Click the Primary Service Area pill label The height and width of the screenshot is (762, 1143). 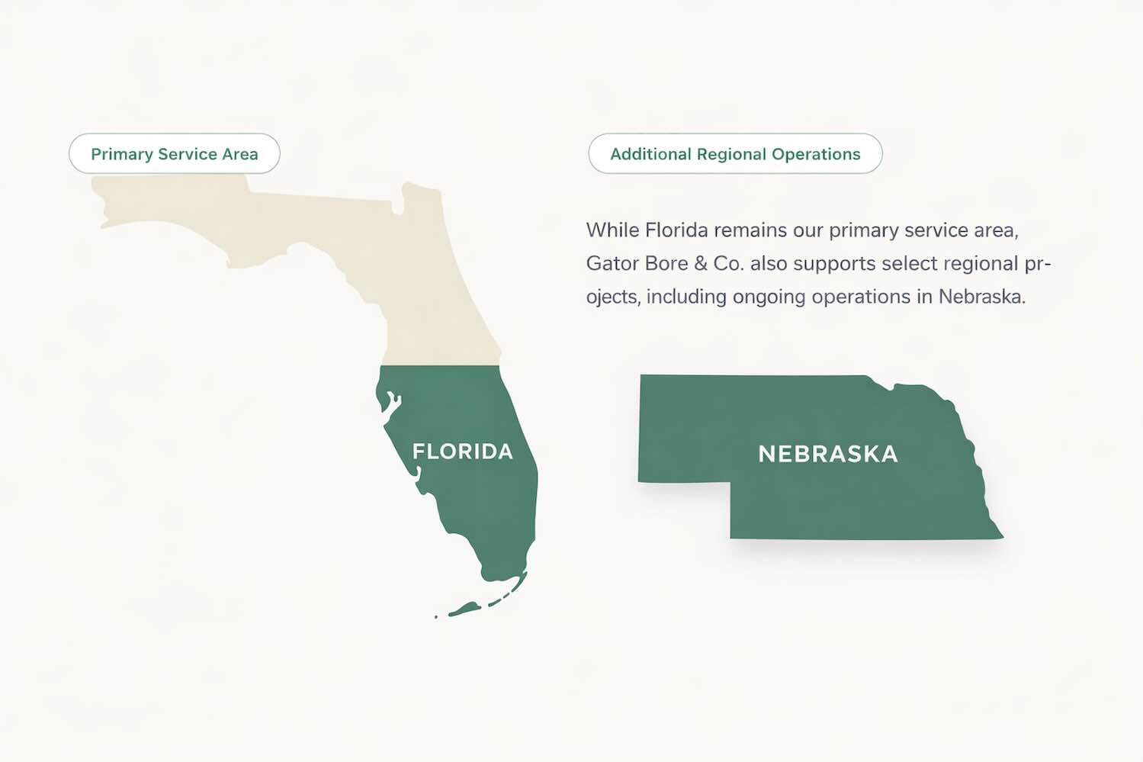(x=174, y=154)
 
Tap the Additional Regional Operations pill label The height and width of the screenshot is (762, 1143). (x=734, y=154)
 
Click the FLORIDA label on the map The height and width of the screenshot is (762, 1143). (x=462, y=452)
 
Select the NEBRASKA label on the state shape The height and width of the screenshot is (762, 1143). (x=827, y=455)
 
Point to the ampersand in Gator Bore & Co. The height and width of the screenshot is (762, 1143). (x=700, y=264)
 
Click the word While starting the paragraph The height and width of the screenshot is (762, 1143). (x=612, y=230)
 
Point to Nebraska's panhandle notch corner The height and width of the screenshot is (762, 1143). (x=730, y=483)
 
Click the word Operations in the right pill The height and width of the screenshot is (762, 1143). (x=816, y=154)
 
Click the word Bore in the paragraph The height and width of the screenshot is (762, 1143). (x=666, y=264)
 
